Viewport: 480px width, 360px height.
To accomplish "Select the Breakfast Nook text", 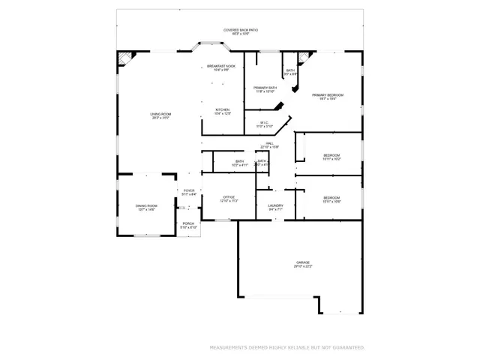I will pos(221,67).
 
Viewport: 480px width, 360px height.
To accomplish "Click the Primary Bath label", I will pos(265,89).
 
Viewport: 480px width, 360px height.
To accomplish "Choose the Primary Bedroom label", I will pos(328,96).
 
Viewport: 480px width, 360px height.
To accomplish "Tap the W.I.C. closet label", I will pos(264,124).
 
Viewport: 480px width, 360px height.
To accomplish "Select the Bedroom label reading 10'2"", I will pos(331,157).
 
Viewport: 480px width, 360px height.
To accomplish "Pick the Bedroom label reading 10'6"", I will pos(331,199).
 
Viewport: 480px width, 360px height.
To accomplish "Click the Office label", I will pos(229,199).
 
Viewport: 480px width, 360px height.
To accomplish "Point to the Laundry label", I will pos(275,208).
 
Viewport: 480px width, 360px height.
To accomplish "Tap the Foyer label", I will pos(189,192).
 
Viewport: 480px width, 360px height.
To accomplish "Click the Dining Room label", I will pos(146,208).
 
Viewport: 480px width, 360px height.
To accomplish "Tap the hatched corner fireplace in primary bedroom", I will pos(304,58).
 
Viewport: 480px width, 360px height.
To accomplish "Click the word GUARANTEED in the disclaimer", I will pos(347,347).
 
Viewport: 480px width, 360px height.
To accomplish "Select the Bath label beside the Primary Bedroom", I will pos(290,72).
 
